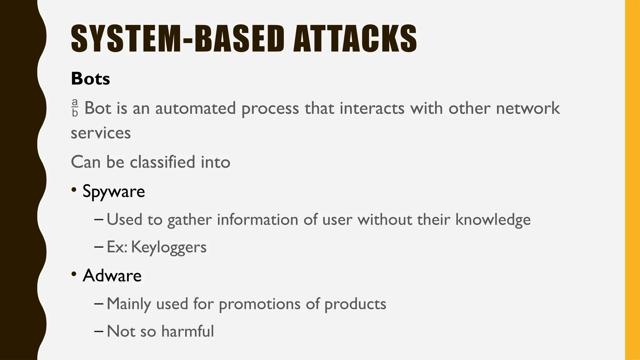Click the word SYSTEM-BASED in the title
177,38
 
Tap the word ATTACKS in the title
355,38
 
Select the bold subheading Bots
90,78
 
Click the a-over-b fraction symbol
75,108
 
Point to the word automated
195,108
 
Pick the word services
101,133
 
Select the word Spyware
114,191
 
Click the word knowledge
493,219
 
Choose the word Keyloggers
169,247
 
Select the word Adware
112,275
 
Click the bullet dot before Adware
74,274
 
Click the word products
355,304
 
